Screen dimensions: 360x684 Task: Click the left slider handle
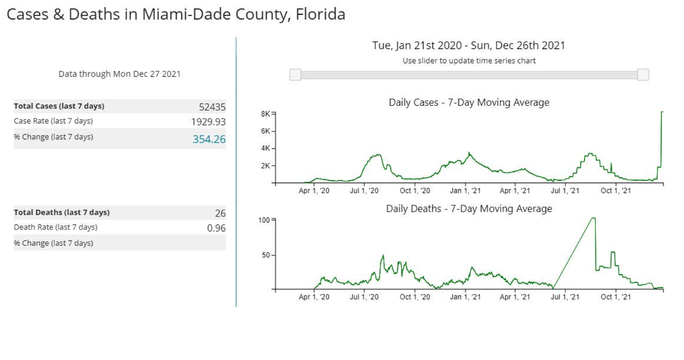tap(295, 75)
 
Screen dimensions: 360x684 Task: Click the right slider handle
tap(643, 75)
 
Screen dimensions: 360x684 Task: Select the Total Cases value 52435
tap(212, 107)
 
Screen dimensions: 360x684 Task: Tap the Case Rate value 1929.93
tap(208, 122)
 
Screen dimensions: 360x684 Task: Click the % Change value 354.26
tap(209, 139)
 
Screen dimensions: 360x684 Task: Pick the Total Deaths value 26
tap(220, 213)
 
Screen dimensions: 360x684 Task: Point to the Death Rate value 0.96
tap(216, 228)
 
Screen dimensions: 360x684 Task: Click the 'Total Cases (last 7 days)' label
tap(59, 106)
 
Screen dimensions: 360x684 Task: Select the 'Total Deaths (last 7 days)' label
tap(62, 212)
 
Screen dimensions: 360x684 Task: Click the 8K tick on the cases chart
tap(265, 114)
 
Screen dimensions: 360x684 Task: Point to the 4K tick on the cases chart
tap(265, 149)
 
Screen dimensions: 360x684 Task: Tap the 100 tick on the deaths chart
tap(265, 219)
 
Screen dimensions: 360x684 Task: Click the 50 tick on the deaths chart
tap(267, 255)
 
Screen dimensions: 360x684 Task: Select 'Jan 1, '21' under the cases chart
tap(466, 191)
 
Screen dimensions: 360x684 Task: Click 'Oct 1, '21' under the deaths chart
tap(616, 297)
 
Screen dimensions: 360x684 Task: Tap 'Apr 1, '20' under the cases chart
tap(314, 191)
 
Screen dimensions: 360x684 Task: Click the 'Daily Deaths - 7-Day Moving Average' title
tap(469, 209)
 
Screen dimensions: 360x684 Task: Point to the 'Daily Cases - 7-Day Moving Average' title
tap(469, 102)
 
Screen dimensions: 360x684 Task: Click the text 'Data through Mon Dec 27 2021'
tap(119, 74)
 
